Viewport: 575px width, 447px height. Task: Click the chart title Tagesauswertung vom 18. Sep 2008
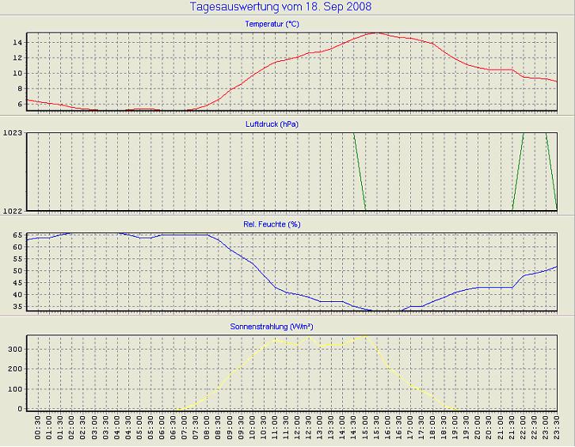tap(281, 7)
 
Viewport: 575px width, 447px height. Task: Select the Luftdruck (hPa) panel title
tap(272, 124)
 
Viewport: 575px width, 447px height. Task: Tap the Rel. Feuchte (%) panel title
tap(272, 224)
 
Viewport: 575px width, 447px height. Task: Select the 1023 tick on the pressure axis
tap(13, 133)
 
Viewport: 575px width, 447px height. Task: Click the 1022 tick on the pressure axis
tap(13, 210)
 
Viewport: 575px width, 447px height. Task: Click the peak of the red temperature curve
tap(376, 33)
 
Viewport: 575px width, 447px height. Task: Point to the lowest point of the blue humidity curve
tap(388, 311)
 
